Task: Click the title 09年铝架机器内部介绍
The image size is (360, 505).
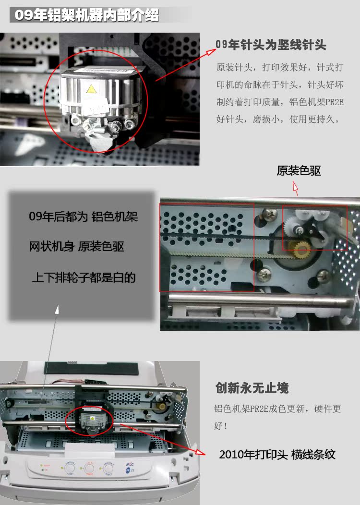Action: pyautogui.click(x=86, y=15)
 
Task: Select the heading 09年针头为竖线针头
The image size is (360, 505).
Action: pyautogui.click(x=271, y=46)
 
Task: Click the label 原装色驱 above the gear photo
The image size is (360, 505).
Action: pyautogui.click(x=299, y=171)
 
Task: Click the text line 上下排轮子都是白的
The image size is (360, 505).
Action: pyautogui.click(x=84, y=277)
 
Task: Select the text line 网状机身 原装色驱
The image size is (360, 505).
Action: pyautogui.click(x=77, y=247)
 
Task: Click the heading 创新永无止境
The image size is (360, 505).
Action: pyautogui.click(x=252, y=388)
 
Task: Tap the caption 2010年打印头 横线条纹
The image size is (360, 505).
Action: pyautogui.click(x=277, y=455)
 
